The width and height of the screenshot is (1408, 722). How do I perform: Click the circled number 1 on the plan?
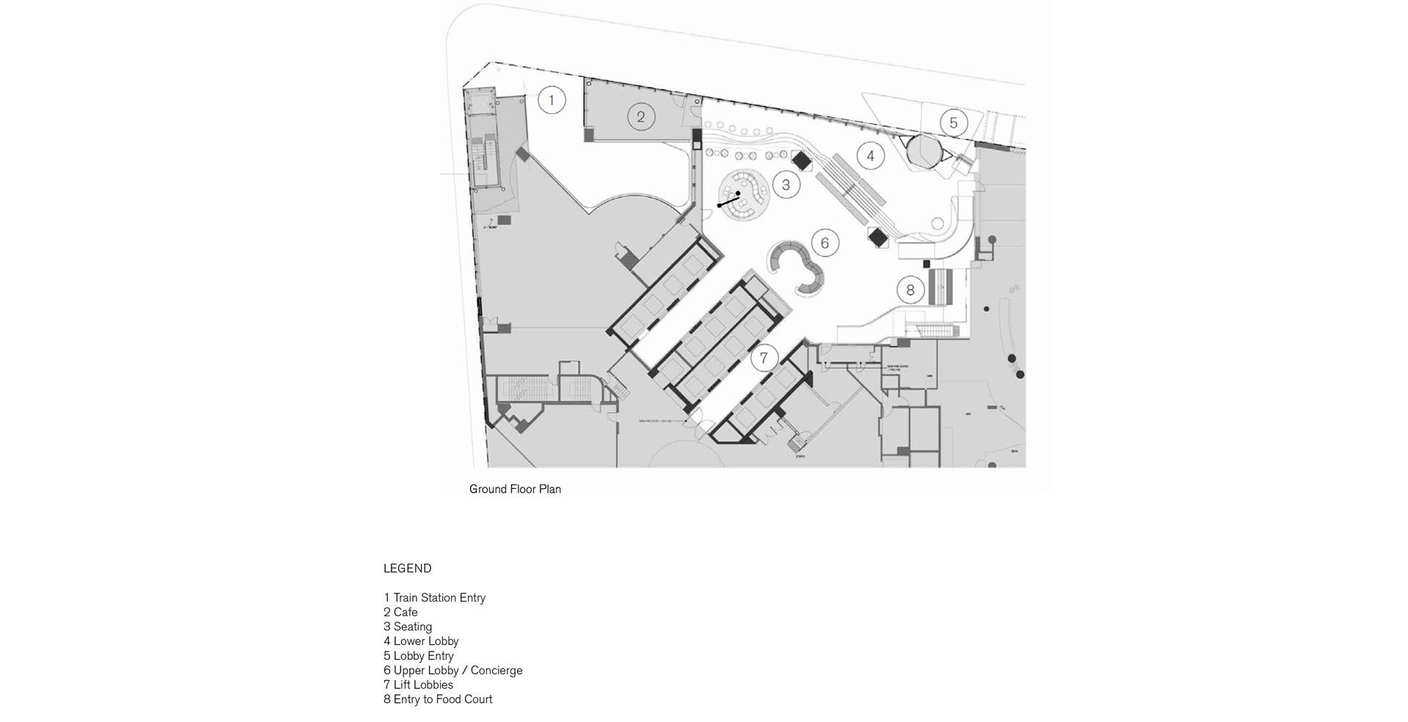click(551, 100)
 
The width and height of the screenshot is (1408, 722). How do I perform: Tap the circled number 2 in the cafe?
click(640, 117)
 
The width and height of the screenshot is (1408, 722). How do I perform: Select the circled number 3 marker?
click(785, 185)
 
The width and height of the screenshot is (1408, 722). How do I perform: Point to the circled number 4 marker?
click(870, 156)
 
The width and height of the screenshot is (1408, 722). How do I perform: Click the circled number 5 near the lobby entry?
click(953, 123)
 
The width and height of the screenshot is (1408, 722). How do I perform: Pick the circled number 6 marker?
click(825, 243)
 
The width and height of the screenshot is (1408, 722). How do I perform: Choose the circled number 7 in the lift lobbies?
click(764, 358)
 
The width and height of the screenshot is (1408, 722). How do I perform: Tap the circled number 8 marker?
click(910, 290)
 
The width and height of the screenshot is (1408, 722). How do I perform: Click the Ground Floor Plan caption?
click(515, 489)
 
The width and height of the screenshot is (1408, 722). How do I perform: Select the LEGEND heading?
click(407, 569)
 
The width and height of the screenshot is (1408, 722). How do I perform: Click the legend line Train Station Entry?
click(434, 598)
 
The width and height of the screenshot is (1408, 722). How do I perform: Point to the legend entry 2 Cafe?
click(400, 613)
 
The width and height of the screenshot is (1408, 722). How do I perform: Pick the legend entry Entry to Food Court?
click(438, 699)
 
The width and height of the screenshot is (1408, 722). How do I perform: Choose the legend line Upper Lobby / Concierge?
click(452, 671)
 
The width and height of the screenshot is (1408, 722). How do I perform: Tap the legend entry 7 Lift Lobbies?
click(418, 685)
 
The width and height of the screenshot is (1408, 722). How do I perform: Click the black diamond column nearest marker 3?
click(800, 159)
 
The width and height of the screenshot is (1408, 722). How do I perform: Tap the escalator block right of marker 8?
click(940, 287)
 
